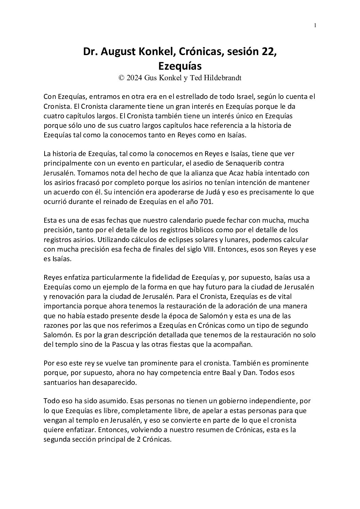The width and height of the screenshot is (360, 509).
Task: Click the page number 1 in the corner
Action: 315,26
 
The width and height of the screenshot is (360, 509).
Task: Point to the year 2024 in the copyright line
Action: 135,78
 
